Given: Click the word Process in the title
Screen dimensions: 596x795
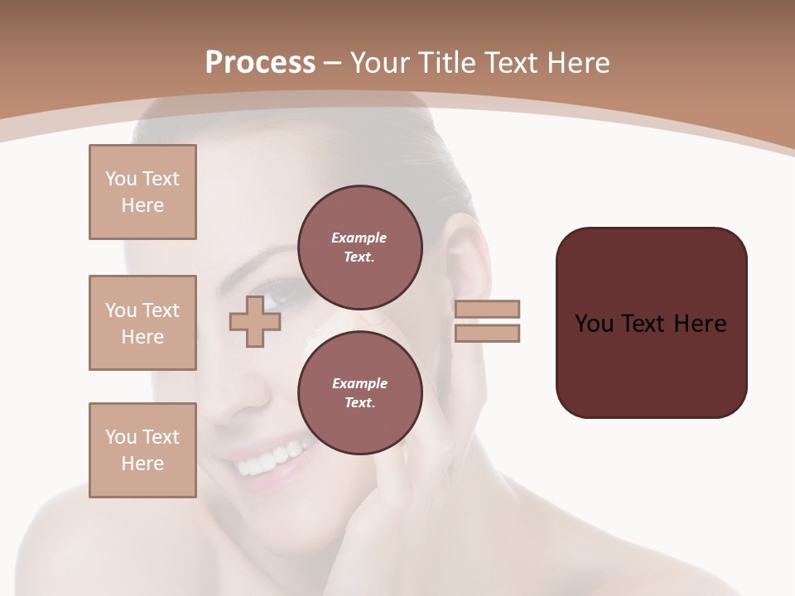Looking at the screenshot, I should [260, 63].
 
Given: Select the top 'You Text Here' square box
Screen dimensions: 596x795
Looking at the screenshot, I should [142, 192].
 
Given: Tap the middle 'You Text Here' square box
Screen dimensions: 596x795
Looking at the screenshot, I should [142, 323].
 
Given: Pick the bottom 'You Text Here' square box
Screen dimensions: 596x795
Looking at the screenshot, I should [142, 450].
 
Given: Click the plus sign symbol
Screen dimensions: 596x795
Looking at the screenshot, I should [255, 321].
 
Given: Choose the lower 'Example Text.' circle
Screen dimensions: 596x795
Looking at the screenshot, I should [359, 392].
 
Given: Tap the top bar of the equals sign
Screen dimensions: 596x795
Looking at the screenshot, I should [487, 309].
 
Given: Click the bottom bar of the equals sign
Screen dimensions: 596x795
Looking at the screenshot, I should [487, 334].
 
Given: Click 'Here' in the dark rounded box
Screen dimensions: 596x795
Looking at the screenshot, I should [700, 324].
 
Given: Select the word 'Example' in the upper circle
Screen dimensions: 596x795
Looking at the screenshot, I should [359, 238].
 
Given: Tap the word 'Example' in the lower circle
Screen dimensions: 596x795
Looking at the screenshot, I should [359, 383].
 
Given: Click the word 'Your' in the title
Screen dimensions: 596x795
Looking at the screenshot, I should [379, 63].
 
